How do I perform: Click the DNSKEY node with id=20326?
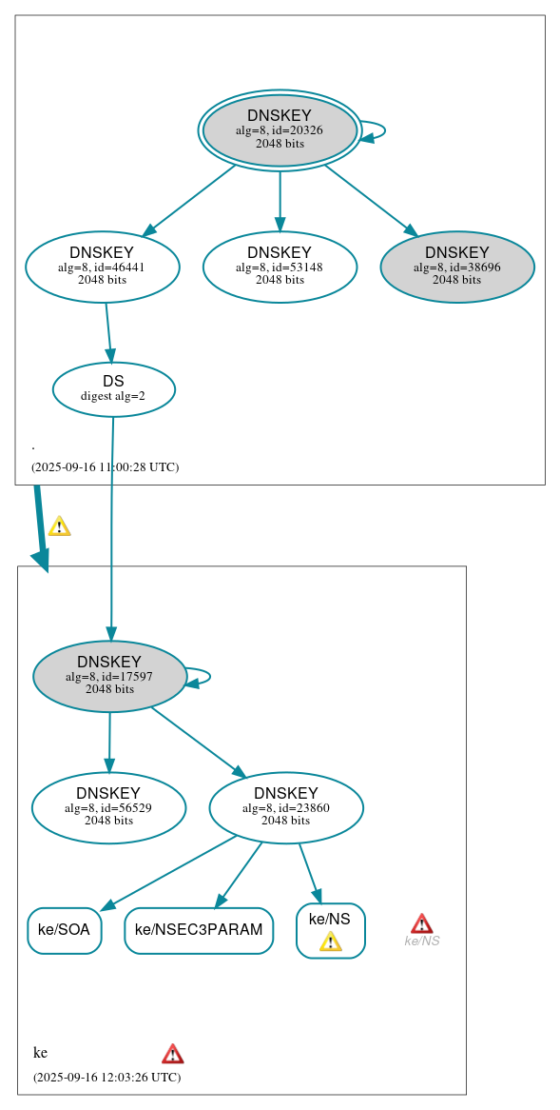(280, 130)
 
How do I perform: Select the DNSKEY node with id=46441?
(103, 267)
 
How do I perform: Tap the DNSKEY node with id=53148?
(280, 267)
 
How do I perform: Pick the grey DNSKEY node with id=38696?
(457, 267)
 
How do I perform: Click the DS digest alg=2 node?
(113, 389)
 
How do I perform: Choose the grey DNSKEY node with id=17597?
(109, 676)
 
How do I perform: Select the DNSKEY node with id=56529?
(108, 807)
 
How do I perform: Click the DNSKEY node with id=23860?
(286, 807)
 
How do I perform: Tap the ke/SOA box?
(65, 930)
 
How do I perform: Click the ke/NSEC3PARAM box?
(199, 930)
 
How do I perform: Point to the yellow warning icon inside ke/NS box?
(330, 942)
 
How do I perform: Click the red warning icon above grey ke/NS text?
(421, 923)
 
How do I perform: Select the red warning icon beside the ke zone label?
(172, 1053)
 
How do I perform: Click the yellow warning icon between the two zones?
(59, 526)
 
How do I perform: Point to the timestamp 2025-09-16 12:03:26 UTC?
(106, 1077)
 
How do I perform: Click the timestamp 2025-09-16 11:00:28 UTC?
(105, 467)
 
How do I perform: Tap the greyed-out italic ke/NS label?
(421, 942)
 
